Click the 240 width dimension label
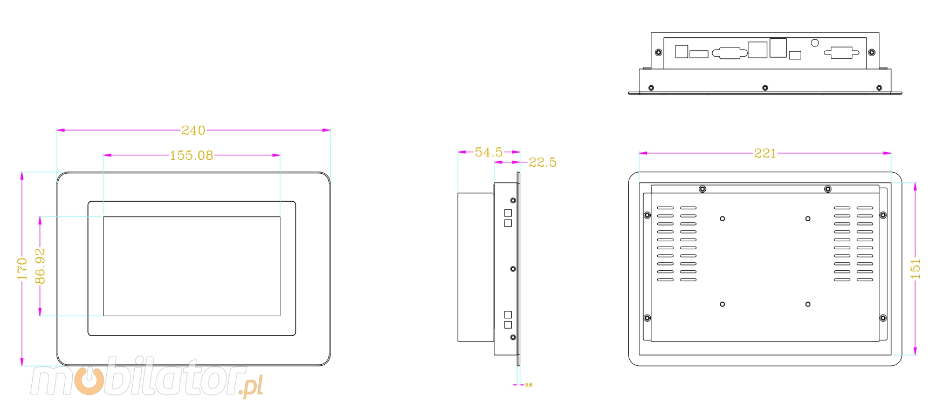193,130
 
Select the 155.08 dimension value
191,155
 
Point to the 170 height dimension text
22,269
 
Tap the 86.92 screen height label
40,266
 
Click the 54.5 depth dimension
488,152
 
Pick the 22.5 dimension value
542,162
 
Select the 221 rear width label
765,153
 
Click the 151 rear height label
915,269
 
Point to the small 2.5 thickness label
528,385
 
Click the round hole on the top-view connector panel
815,43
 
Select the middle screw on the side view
513,269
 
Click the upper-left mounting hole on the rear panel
722,219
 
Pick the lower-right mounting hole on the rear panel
808,304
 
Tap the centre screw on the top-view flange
765,87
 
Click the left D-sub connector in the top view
730,52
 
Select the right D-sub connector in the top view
842,52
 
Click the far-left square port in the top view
681,51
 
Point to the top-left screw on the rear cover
703,189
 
